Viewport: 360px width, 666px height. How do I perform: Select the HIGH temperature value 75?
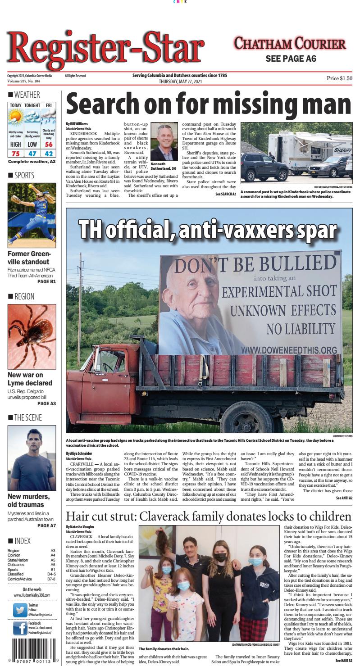coord(16,154)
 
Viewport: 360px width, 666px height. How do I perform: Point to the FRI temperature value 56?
coord(48,145)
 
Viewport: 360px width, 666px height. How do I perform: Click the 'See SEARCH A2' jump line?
coord(225,194)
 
